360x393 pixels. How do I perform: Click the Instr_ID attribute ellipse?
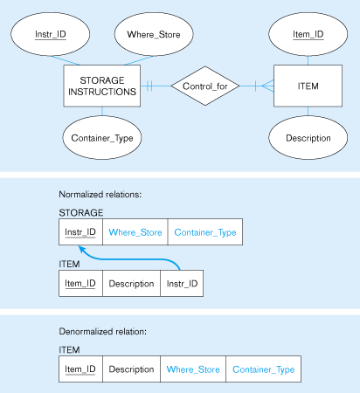[x=51, y=34]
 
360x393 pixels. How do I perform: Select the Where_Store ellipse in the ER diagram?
[x=154, y=34]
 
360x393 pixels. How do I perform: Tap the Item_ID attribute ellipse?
[x=308, y=34]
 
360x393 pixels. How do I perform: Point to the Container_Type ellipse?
[x=102, y=137]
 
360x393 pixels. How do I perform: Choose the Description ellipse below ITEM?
[x=308, y=137]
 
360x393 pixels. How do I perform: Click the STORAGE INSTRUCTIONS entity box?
[x=102, y=86]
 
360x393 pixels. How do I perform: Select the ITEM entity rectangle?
[x=308, y=86]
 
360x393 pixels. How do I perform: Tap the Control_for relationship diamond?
[x=205, y=86]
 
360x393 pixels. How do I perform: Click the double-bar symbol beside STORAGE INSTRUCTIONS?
[x=149, y=86]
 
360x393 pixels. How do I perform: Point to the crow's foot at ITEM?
[x=267, y=86]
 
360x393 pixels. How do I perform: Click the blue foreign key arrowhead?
[x=82, y=250]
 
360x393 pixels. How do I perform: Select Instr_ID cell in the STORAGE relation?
[x=80, y=232]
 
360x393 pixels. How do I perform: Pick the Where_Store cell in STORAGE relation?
[x=135, y=232]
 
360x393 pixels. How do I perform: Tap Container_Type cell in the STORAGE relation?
[x=205, y=232]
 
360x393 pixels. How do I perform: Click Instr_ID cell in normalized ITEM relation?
[x=182, y=284]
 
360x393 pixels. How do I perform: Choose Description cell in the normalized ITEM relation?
[x=131, y=284]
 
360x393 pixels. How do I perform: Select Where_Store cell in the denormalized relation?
[x=193, y=369]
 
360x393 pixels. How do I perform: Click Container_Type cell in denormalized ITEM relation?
[x=264, y=369]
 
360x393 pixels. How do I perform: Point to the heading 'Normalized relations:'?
[x=100, y=194]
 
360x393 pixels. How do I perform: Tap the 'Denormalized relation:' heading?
[x=103, y=331]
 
